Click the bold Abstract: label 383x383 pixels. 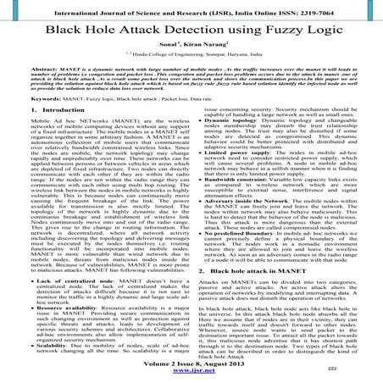coord(25,90)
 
